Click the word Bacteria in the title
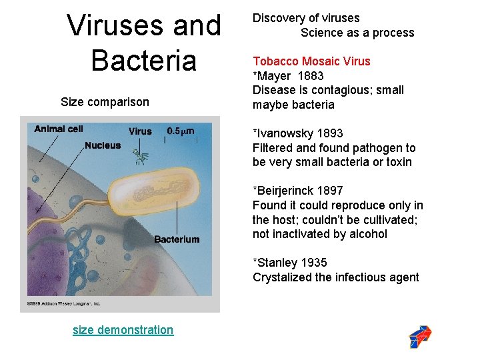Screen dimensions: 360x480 click(144, 60)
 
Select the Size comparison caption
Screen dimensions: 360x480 click(105, 102)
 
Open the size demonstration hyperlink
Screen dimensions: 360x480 click(123, 330)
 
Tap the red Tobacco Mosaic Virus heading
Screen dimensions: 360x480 click(311, 61)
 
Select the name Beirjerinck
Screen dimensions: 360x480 click(285, 191)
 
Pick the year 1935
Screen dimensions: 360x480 click(313, 263)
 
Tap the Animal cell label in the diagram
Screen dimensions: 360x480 click(58, 129)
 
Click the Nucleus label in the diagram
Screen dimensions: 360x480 click(103, 145)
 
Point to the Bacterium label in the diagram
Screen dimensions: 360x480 click(177, 239)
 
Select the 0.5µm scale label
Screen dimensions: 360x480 click(181, 131)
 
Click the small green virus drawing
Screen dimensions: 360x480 click(141, 157)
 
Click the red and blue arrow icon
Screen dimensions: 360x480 click(420, 337)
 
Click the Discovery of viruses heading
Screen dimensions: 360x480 click(306, 18)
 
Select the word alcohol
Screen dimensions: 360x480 click(366, 234)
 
